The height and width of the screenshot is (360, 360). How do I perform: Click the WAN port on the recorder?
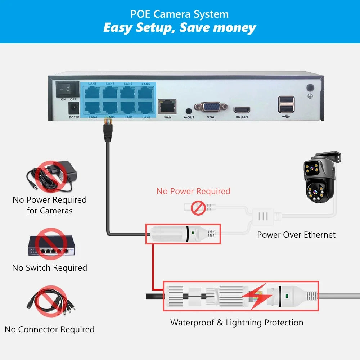pos(167,107)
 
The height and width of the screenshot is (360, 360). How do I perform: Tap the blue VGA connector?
pos(211,107)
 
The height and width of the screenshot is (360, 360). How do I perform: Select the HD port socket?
pos(242,110)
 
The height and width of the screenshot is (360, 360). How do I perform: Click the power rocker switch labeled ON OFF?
pos(68,89)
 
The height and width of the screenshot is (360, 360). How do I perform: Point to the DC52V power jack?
pos(74,108)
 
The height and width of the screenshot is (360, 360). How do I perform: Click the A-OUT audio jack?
pos(189,111)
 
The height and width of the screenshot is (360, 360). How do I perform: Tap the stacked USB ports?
pos(286,104)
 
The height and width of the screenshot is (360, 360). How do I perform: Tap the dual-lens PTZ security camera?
pos(320,177)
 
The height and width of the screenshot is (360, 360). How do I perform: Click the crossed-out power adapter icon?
pos(51,176)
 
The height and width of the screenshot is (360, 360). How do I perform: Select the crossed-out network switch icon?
pos(51,244)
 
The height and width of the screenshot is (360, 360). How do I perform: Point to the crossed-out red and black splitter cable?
pos(51,301)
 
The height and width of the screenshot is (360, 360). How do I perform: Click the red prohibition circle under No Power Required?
pos(198,208)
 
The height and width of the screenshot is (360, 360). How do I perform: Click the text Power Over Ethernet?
pos(296,235)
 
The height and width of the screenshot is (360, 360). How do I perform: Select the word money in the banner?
pos(234,28)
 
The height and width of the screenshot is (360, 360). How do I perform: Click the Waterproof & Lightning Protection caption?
pos(237,323)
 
